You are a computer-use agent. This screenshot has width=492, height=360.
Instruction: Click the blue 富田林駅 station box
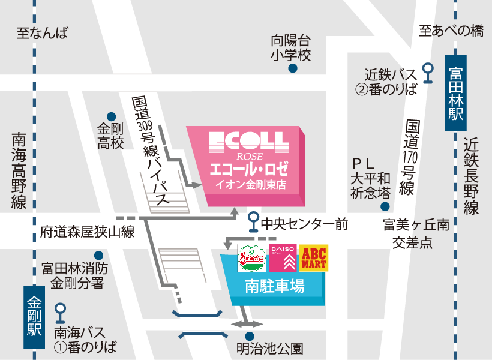(x=455, y=94)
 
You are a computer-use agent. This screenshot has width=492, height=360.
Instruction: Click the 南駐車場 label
(x=274, y=287)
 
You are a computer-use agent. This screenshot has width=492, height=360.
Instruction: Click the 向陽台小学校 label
(x=291, y=48)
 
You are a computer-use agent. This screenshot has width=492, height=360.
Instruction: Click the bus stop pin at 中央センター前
(x=253, y=220)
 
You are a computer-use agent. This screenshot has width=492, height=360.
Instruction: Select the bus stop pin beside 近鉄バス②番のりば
(x=428, y=71)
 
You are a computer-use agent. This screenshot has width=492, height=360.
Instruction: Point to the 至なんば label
(x=43, y=34)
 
